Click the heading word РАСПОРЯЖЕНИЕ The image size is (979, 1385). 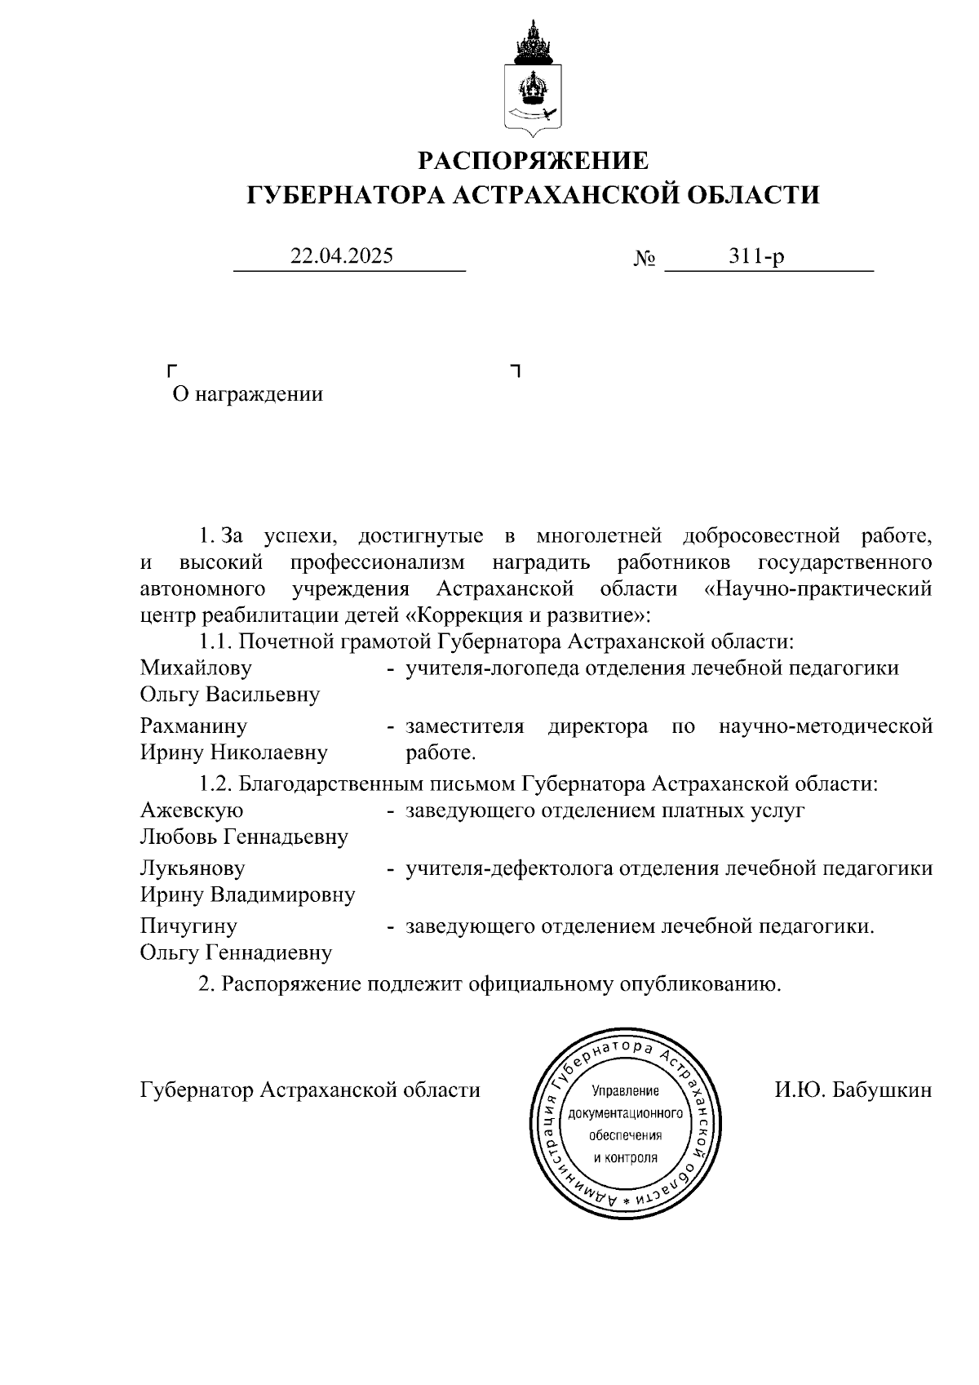tap(534, 161)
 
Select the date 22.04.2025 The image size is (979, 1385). tap(343, 256)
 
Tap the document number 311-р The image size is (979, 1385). tap(757, 256)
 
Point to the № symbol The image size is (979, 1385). tap(645, 259)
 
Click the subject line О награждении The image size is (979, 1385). tap(247, 395)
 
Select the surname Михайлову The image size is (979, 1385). tap(196, 668)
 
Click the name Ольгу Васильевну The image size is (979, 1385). tap(230, 695)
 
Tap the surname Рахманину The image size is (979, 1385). tap(193, 726)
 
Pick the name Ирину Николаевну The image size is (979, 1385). tap(234, 752)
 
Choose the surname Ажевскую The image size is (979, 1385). tap(192, 810)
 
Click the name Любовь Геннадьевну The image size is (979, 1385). tap(244, 837)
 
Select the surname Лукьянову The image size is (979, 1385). tap(193, 868)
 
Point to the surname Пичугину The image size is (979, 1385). tap(188, 926)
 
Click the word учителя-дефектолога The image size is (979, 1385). tap(511, 868)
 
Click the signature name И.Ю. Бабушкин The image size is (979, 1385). tap(853, 1090)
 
